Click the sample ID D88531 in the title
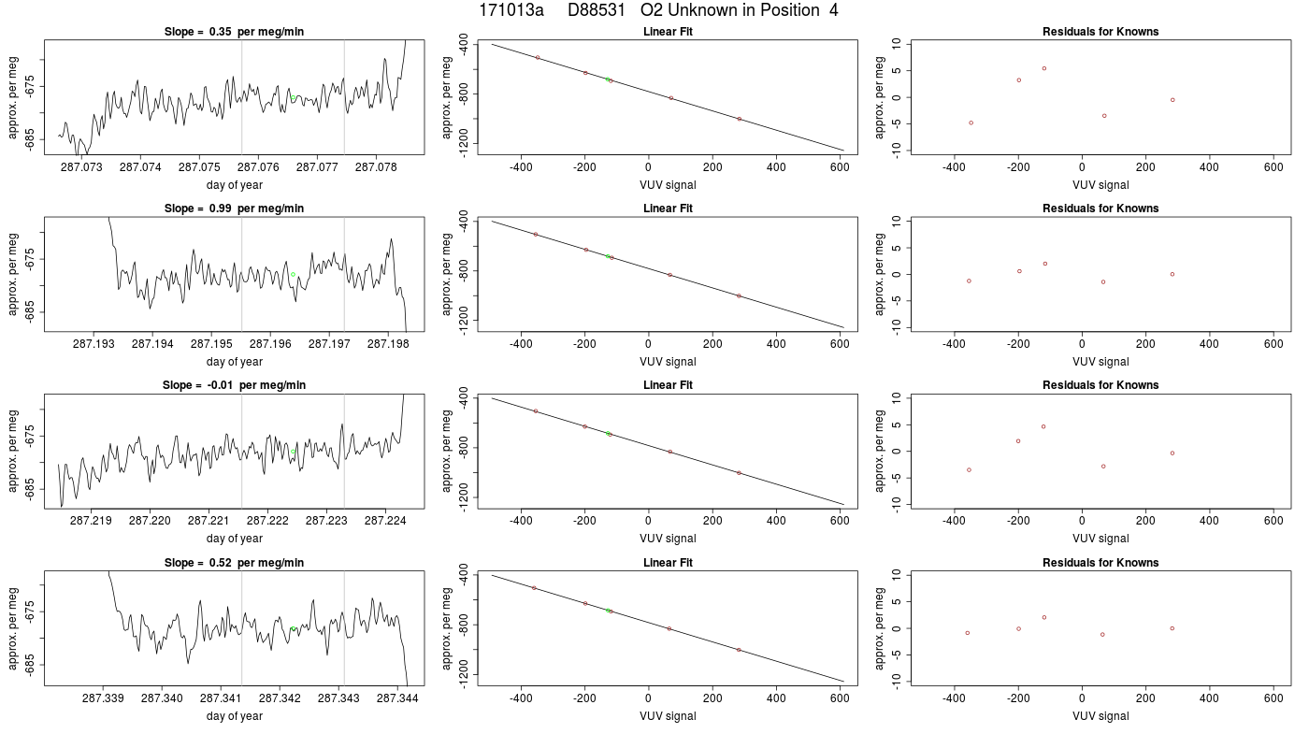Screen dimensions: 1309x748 tap(597, 10)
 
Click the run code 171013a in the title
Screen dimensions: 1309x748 tap(511, 10)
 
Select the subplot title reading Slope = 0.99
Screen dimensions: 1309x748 tap(234, 208)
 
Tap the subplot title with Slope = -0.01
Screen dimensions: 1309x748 tap(234, 385)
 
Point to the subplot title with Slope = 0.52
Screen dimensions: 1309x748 tap(234, 563)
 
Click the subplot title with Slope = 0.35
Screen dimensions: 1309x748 tap(234, 32)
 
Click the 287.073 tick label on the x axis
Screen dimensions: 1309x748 tap(81, 167)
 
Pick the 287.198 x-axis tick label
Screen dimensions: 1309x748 tap(388, 344)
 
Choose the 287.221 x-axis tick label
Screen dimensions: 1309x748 tap(209, 520)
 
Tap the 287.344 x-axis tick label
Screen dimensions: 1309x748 tap(397, 698)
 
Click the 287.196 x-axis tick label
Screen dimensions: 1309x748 tap(270, 344)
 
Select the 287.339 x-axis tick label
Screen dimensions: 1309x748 tap(103, 698)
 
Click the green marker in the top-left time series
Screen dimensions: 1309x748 tap(294, 97)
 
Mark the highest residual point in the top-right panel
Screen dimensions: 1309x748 tap(1044, 68)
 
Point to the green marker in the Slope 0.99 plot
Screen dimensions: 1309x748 tap(294, 275)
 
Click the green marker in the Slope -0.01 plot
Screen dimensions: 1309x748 tap(294, 451)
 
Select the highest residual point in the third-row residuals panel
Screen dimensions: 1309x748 tap(1043, 426)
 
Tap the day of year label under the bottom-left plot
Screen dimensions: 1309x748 tap(235, 716)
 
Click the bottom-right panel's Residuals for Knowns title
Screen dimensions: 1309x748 tap(1100, 563)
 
